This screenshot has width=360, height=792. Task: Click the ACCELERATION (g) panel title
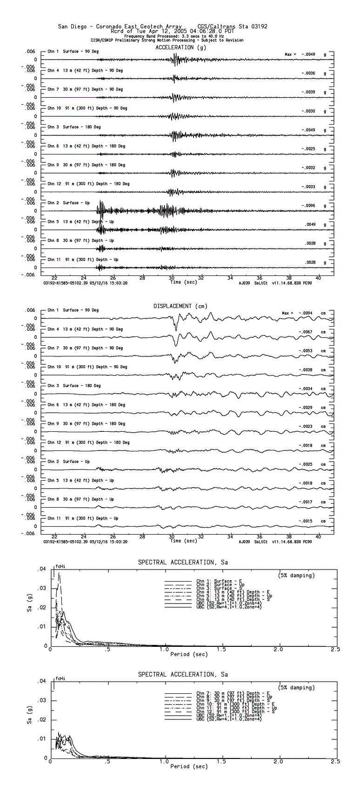pos(180,47)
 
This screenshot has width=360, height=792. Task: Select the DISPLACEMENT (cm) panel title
pos(180,306)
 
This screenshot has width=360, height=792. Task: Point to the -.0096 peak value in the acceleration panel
pos(308,206)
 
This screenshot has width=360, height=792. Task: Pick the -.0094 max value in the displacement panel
pos(308,313)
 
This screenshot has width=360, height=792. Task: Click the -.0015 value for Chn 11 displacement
pos(308,521)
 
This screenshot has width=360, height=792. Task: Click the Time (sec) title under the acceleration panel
pos(184,282)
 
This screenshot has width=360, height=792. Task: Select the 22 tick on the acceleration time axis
pos(54,278)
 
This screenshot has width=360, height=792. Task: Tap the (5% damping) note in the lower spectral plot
pos(296,687)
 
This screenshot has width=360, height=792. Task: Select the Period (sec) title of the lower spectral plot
pos(189,766)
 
